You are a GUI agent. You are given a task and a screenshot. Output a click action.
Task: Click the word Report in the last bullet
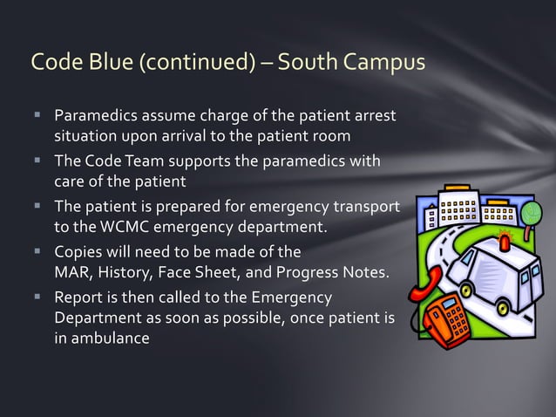pyautogui.click(x=79, y=297)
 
